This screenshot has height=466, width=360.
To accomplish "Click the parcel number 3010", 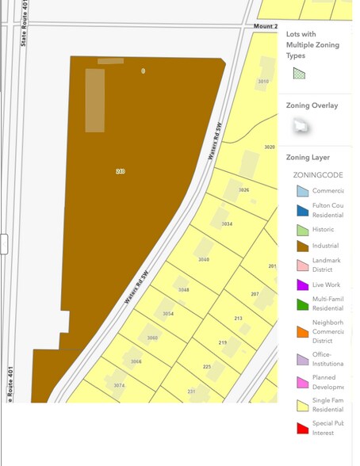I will coord(263,82).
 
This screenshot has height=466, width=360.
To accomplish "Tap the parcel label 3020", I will coord(270,147).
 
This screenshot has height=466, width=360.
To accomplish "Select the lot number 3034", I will coord(227,224).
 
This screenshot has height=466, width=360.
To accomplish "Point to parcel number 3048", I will coord(184,290).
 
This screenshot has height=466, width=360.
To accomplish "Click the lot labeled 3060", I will coord(152,338).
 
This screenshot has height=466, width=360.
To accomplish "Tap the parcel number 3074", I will coord(119,385).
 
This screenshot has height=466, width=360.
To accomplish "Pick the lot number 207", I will coord(255,294).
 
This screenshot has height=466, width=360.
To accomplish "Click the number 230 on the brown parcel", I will coord(121,171).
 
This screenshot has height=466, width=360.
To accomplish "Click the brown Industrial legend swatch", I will coord(302,245).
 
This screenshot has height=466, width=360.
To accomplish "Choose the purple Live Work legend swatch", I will coord(302,285).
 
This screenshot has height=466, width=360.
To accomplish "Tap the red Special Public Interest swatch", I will coord(302,429).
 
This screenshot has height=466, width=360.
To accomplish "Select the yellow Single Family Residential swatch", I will coord(302,407).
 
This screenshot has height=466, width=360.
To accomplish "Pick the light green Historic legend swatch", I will coord(302,230).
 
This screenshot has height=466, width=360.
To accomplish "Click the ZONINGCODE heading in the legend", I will coord(318,174).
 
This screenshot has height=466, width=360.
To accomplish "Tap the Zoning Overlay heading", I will coord(312,105).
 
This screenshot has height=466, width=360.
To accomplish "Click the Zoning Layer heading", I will coord(308,158).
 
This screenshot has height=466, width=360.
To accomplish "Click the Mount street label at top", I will coord(265,26).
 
